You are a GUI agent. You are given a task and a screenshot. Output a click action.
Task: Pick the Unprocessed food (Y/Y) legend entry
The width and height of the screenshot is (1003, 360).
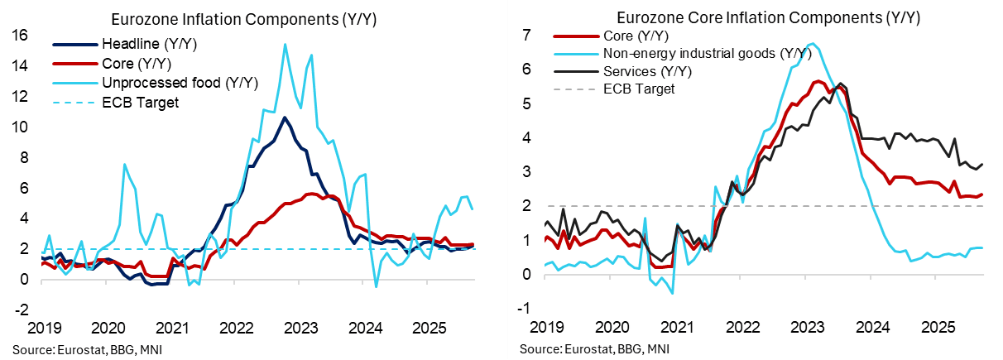tap(179, 83)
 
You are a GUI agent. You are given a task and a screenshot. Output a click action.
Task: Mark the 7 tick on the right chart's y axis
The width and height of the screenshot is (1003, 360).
tap(524, 35)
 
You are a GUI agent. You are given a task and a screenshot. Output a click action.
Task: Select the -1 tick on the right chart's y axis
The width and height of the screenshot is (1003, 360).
tap(522, 309)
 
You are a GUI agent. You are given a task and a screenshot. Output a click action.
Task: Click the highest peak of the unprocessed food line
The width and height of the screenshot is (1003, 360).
tap(286, 44)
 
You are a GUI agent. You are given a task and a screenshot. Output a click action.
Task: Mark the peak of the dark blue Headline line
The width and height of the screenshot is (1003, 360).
tap(284, 117)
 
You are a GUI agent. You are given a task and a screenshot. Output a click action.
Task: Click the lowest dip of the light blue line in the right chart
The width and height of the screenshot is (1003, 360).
tap(673, 293)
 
